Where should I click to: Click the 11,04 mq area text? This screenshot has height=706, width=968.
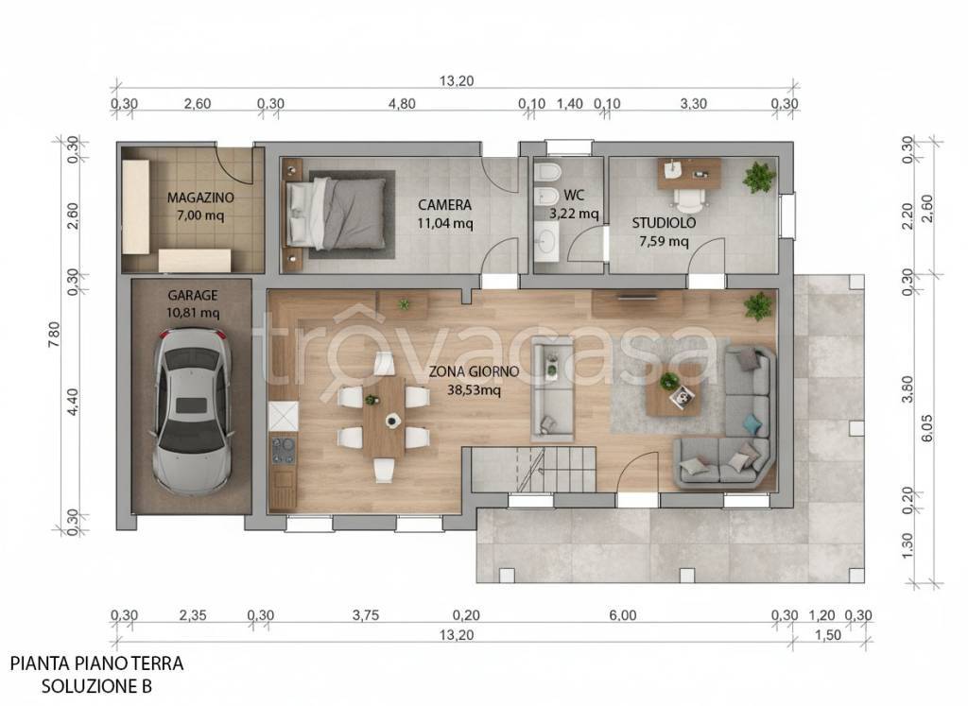444,223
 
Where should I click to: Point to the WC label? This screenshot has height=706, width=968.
574,195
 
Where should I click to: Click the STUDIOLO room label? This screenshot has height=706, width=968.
664,223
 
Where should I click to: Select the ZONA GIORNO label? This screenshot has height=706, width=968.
475,371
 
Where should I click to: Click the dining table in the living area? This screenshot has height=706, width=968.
384,417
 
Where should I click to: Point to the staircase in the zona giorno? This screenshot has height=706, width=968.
534,469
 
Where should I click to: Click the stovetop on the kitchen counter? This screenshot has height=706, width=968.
284,449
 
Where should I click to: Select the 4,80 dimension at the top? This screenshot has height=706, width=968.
402,104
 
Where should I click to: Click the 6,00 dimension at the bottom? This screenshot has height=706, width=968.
622,615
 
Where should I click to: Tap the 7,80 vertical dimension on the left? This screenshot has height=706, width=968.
54,334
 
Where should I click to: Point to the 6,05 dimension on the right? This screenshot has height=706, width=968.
926,428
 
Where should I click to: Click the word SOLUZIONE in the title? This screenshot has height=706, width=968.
81,686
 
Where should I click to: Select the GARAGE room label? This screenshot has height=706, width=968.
193,296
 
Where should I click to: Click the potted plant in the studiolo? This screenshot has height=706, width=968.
758,177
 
